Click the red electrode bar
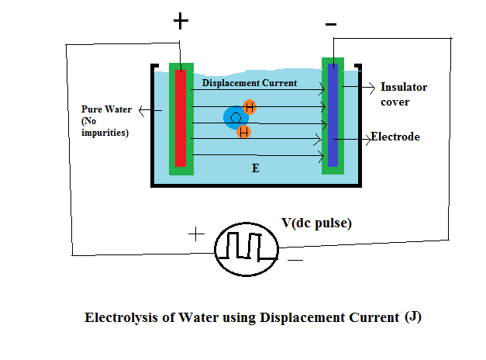(180, 118)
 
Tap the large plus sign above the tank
(181, 21)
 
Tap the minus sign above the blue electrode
(331, 25)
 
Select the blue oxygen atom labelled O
(235, 117)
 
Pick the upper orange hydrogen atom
(249, 106)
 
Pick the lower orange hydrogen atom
(243, 132)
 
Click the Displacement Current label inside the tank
(249, 82)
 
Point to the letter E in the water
(254, 168)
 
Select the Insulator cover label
(404, 94)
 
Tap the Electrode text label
(395, 137)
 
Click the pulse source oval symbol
(246, 248)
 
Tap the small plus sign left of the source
(196, 233)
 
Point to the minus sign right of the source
(295, 261)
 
